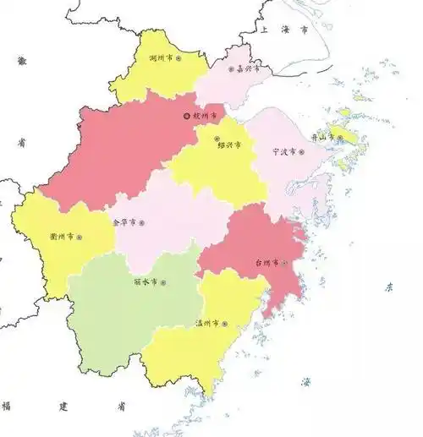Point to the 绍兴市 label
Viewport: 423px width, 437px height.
pos(231,145)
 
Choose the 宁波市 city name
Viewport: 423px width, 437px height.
pos(283,153)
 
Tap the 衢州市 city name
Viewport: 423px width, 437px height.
pos(63,238)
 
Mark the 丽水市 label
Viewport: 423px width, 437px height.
pos(145,282)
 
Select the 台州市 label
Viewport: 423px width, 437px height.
pos(267,263)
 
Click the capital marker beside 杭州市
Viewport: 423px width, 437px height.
pos(187,115)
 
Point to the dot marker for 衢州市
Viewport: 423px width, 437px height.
pos(80,238)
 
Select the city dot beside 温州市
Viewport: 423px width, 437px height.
pos(224,323)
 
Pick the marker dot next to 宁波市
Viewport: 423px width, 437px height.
pos(301,153)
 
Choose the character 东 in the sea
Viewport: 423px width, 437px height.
pos(390,287)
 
